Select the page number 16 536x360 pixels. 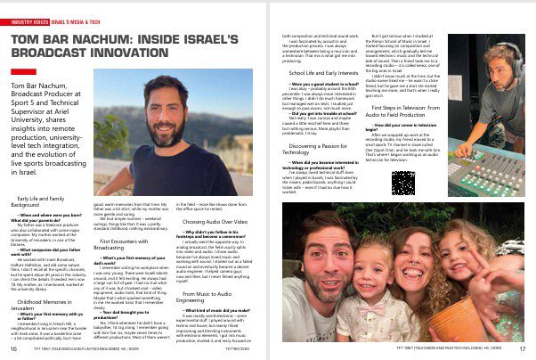tap(14, 349)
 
